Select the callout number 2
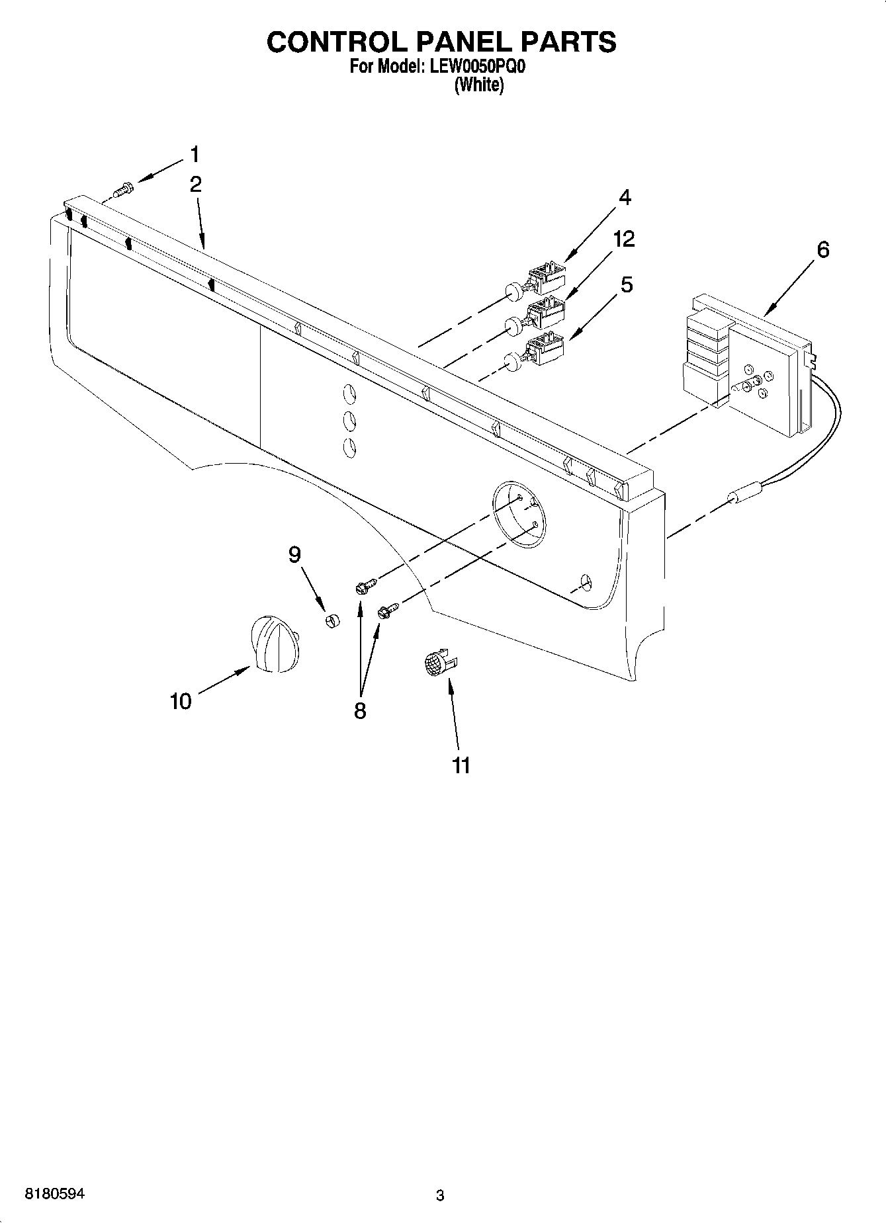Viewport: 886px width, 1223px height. tap(195, 185)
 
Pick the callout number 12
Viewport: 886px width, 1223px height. tap(623, 239)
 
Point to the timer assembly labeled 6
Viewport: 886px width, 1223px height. tap(748, 370)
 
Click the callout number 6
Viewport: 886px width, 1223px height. tap(822, 249)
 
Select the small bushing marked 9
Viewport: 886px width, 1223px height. tap(332, 620)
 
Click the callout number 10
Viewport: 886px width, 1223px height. tap(180, 700)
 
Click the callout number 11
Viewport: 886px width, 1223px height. tap(461, 765)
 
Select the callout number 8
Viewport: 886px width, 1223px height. tap(359, 711)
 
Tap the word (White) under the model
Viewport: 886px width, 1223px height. tap(478, 85)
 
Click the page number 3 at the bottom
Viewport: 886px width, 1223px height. tap(440, 1195)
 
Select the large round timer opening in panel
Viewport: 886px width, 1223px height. tap(520, 514)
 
